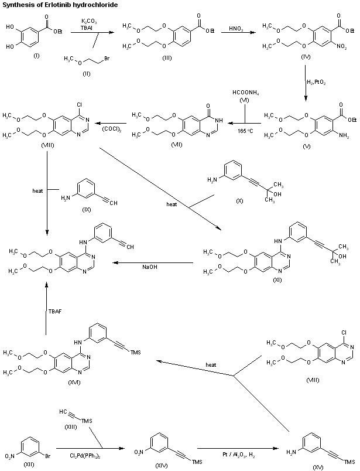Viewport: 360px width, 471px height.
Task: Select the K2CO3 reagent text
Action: tap(90, 22)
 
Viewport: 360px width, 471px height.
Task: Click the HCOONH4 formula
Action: tap(241, 93)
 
